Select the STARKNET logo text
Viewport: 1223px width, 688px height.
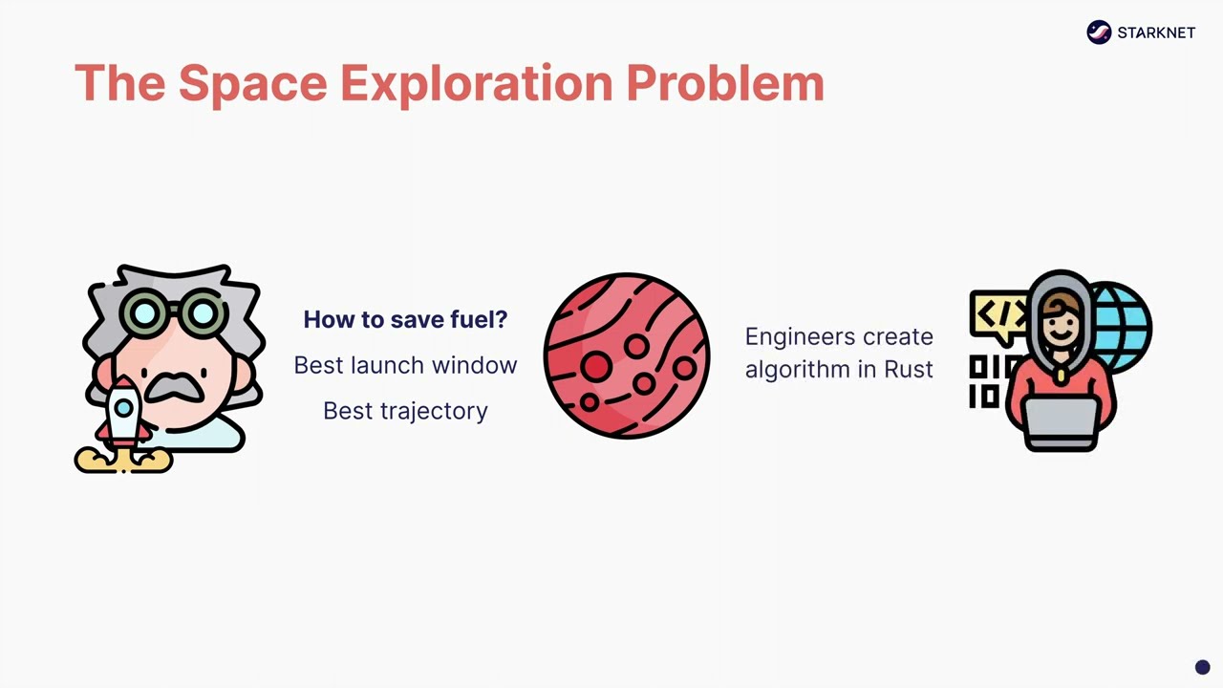1156,32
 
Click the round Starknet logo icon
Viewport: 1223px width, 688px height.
1099,32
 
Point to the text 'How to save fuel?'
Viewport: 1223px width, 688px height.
405,319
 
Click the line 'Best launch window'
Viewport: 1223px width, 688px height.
405,365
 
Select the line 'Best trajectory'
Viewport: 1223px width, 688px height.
405,411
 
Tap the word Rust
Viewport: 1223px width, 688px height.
908,370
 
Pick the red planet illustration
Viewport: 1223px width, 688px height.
627,355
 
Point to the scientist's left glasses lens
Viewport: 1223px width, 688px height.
145,312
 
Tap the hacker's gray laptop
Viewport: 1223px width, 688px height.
1062,420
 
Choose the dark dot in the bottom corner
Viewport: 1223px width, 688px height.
1202,668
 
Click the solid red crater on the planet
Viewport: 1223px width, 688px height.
596,366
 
